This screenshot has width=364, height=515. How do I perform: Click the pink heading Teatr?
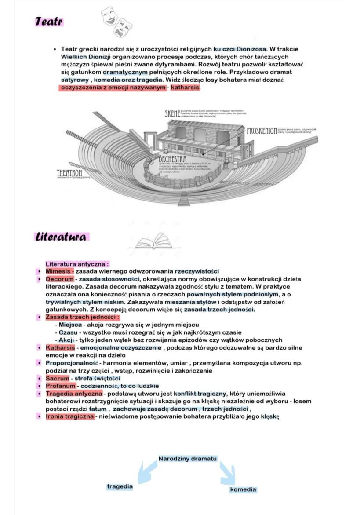[x=49, y=22]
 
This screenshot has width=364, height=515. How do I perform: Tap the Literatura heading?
[x=61, y=237]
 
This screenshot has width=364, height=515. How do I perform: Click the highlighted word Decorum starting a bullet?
[x=59, y=279]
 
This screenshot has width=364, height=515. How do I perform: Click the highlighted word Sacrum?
[x=58, y=378]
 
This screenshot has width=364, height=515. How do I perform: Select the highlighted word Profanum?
[x=60, y=386]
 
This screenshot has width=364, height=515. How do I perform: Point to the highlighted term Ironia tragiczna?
[x=70, y=416]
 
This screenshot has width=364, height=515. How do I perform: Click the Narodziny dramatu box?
[x=187, y=459]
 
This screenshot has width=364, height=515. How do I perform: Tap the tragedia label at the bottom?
[x=120, y=486]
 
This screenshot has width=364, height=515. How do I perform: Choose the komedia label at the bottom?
[x=243, y=489]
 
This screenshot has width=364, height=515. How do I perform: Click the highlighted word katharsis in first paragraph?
[x=185, y=88]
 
